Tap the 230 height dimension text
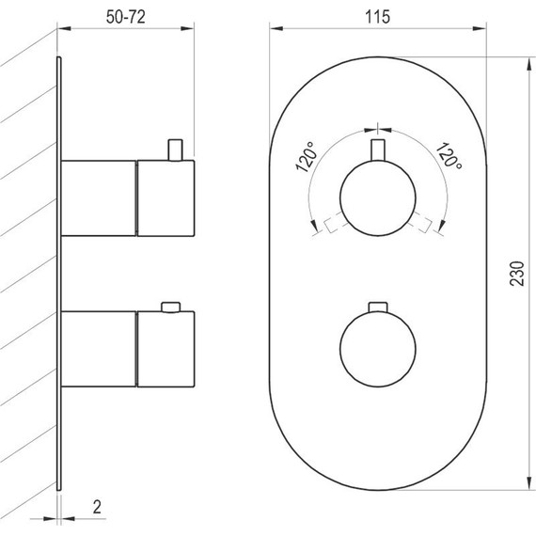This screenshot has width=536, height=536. pyautogui.click(x=515, y=273)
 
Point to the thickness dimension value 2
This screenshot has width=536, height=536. pyautogui.click(x=97, y=505)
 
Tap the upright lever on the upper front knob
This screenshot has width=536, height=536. pyautogui.click(x=377, y=151)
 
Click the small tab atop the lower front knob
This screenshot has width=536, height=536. pyautogui.click(x=377, y=307)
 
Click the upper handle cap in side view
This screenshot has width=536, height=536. pyautogui.click(x=166, y=198)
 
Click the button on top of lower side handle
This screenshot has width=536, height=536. pyautogui.click(x=170, y=307)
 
